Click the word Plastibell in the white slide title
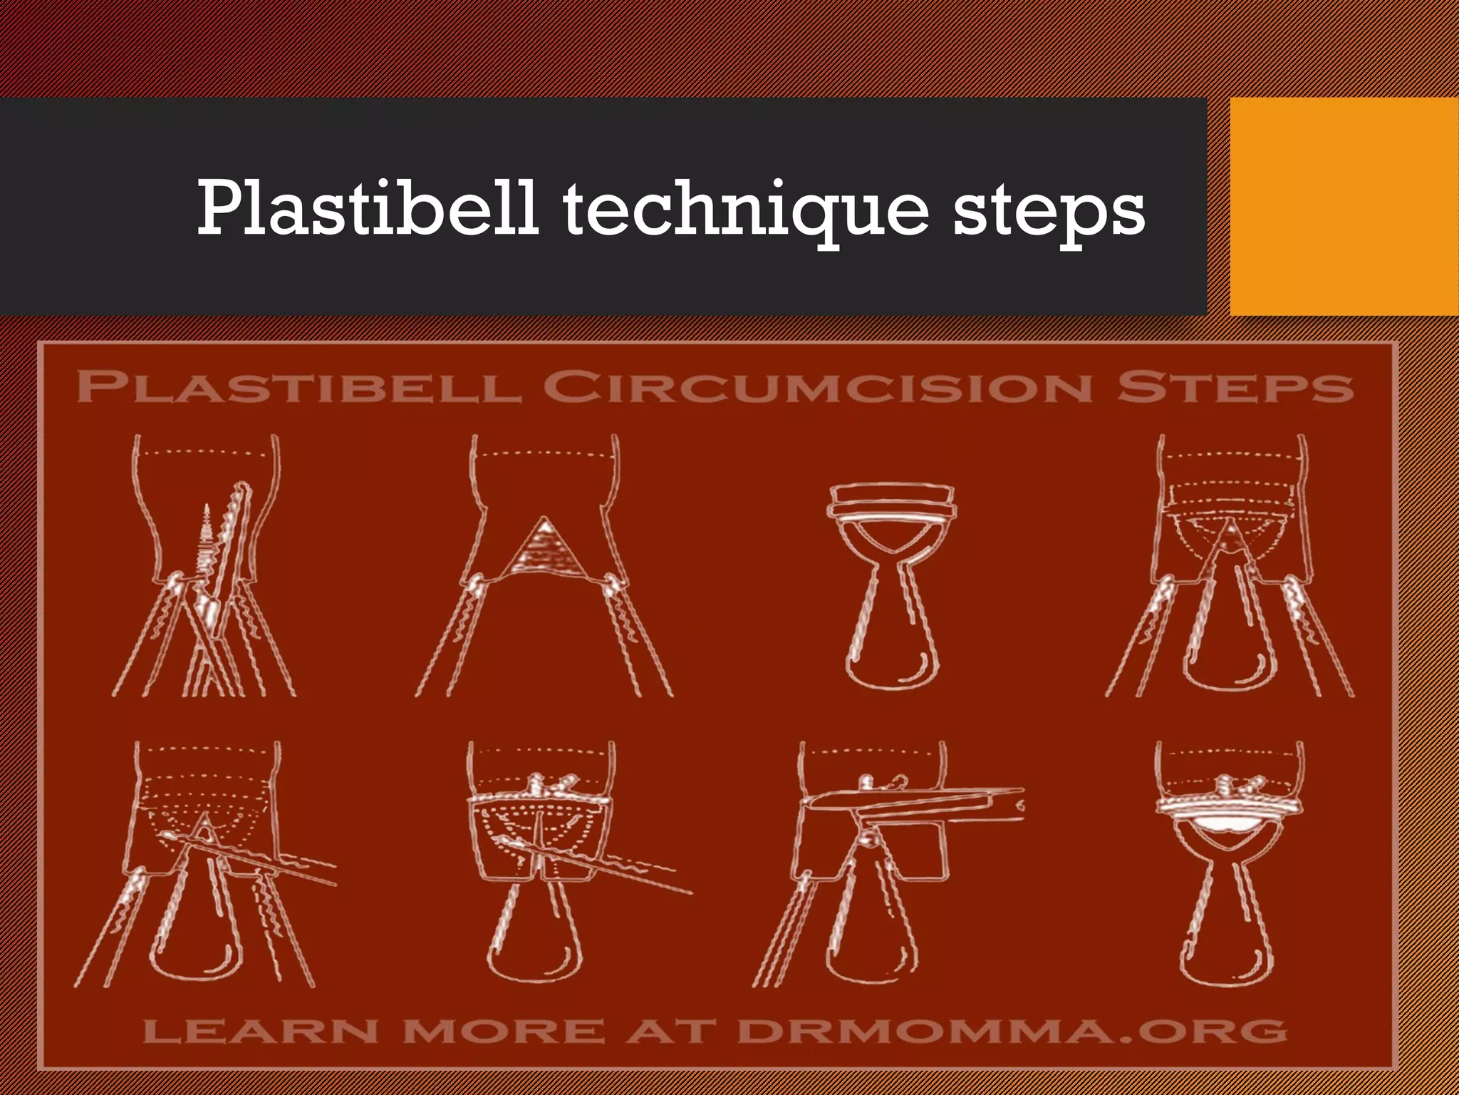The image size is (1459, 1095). pyautogui.click(x=366, y=208)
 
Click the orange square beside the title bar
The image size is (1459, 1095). pyautogui.click(x=1344, y=206)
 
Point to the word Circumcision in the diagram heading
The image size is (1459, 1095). pyautogui.click(x=818, y=388)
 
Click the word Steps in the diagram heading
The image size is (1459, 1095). pyautogui.click(x=1234, y=388)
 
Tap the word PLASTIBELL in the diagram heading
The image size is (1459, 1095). pyautogui.click(x=298, y=388)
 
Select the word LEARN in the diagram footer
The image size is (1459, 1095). pyautogui.click(x=260, y=1031)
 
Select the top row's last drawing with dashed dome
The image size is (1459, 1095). pyautogui.click(x=1230, y=567)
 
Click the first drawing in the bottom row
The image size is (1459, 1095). pyautogui.click(x=203, y=866)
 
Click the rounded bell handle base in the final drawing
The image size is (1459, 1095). pyautogui.click(x=1227, y=959)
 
